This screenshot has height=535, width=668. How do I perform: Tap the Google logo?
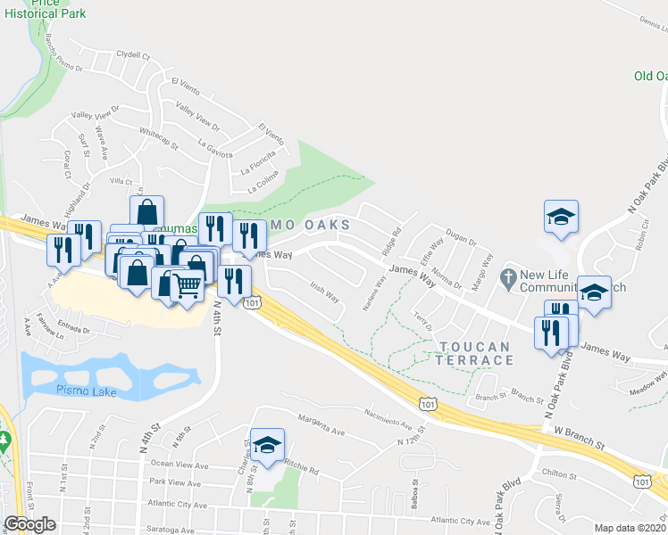(29, 524)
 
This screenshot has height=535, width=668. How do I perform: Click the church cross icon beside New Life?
(508, 278)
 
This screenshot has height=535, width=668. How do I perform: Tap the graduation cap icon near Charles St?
(265, 445)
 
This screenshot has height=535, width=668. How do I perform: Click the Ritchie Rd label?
(302, 465)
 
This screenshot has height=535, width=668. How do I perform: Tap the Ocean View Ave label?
(180, 465)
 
